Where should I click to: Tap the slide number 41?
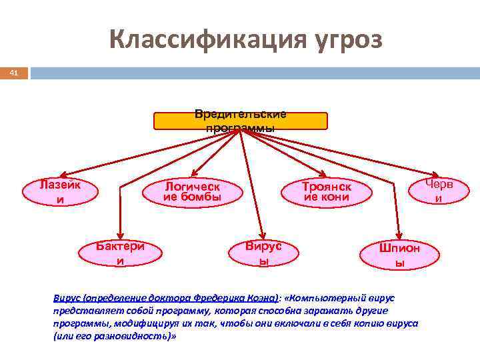coord(13,72)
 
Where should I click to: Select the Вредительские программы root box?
coord(241,121)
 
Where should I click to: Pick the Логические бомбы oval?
coord(192,191)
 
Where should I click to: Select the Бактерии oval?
coord(121,253)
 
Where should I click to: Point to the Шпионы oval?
coord(399,255)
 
